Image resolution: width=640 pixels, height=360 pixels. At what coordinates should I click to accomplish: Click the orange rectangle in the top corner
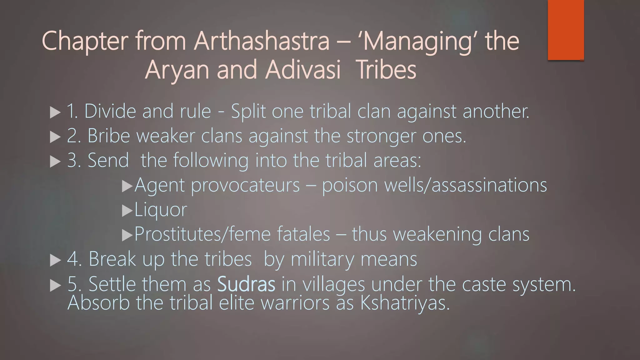[566, 30]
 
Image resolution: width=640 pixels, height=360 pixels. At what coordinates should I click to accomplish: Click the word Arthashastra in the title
[262, 41]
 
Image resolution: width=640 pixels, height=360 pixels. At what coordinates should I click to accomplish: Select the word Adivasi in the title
[303, 70]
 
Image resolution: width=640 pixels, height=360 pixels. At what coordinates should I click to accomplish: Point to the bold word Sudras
[246, 284]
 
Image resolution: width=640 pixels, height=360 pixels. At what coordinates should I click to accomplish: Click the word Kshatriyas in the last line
[405, 303]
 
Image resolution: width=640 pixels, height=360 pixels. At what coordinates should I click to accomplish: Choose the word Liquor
[161, 210]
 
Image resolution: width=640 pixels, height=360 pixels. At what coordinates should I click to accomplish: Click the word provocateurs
[245, 185]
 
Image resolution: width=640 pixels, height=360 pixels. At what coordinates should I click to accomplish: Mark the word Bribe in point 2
[108, 136]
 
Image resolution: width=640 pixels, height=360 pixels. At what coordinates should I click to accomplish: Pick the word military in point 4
[322, 259]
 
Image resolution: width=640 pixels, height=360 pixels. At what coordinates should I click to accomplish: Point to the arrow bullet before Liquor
[127, 211]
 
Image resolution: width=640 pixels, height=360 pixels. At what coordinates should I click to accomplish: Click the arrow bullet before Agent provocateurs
[127, 186]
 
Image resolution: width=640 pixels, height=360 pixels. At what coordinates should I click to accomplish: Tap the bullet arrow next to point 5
[55, 285]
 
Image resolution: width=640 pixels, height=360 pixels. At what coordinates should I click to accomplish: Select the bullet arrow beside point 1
[55, 112]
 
